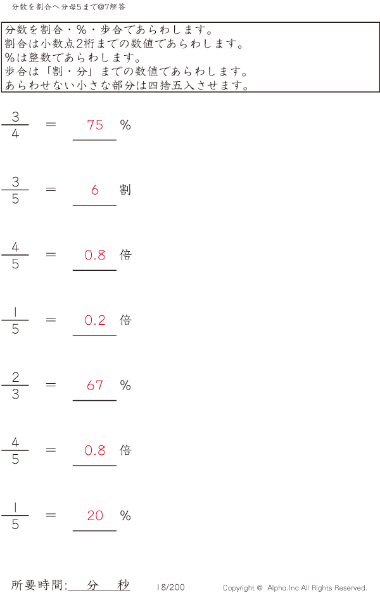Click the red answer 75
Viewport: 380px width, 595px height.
pos(95,125)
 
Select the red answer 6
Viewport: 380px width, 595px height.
pos(95,190)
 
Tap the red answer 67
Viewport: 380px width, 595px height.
pos(95,385)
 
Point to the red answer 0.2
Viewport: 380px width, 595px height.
pos(95,320)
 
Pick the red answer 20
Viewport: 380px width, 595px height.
pos(95,515)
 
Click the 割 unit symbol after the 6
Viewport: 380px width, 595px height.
pos(125,190)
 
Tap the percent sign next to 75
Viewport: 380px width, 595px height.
pos(125,125)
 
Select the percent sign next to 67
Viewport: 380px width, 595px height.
pos(125,385)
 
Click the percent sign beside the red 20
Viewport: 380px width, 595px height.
pos(125,515)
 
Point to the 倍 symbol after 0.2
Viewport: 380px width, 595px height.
pos(125,320)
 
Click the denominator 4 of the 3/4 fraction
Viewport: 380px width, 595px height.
pos(15,134)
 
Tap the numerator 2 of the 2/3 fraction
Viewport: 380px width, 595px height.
pos(15,377)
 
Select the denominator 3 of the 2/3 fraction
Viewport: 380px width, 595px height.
pos(15,395)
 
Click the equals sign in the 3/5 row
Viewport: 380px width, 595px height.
pos(51,189)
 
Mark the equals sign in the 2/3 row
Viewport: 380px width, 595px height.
pos(51,384)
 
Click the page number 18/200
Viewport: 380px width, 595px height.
pos(171,587)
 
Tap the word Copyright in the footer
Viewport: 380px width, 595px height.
pos(239,588)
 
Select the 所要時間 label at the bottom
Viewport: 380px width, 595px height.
pos(36,585)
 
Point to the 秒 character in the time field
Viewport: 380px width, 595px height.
pos(123,585)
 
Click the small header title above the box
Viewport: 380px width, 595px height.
pos(68,6)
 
